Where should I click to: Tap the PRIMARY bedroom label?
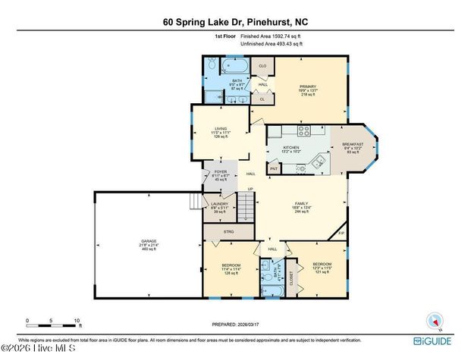306,87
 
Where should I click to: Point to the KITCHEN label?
292,147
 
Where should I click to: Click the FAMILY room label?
302,204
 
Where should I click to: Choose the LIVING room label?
220,129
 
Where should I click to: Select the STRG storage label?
228,231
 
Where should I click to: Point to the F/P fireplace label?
341,234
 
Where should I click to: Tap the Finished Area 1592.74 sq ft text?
272,36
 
